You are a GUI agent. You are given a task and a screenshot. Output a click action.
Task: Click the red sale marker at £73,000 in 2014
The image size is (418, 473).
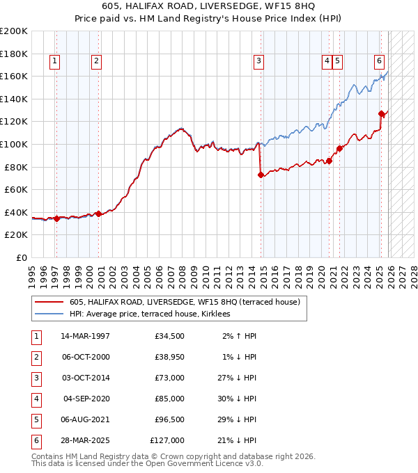click(261, 175)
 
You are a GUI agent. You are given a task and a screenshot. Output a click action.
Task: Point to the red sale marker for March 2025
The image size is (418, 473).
click(381, 113)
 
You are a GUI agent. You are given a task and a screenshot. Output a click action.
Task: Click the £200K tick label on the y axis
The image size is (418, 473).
click(14, 31)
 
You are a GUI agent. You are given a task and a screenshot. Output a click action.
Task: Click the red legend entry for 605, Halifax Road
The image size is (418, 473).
click(185, 302)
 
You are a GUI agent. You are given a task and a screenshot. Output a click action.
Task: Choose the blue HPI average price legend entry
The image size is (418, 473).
click(154, 314)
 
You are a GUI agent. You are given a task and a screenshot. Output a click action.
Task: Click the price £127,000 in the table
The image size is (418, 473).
click(167, 440)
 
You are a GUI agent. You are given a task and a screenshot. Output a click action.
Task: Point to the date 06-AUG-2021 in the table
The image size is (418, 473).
click(84, 419)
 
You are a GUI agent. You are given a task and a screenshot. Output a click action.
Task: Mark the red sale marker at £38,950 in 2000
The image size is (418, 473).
click(99, 214)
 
